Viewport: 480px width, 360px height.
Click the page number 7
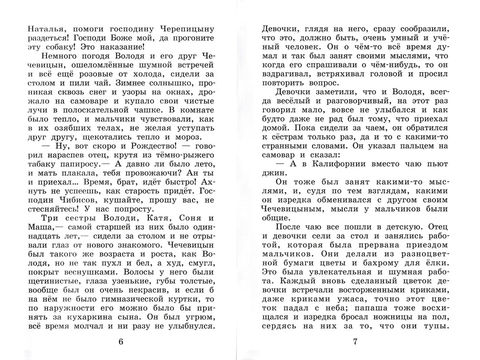click(x=355, y=341)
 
